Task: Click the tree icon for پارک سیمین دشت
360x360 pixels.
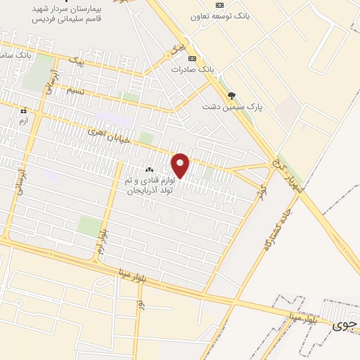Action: click(x=231, y=96)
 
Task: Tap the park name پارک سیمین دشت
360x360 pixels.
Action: click(x=231, y=107)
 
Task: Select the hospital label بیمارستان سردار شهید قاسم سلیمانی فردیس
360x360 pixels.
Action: click(x=66, y=14)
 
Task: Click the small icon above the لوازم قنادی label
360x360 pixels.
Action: click(x=148, y=170)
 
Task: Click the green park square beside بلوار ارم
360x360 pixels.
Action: click(x=89, y=226)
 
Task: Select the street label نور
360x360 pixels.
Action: click(x=141, y=304)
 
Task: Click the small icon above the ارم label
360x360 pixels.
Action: click(x=23, y=110)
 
